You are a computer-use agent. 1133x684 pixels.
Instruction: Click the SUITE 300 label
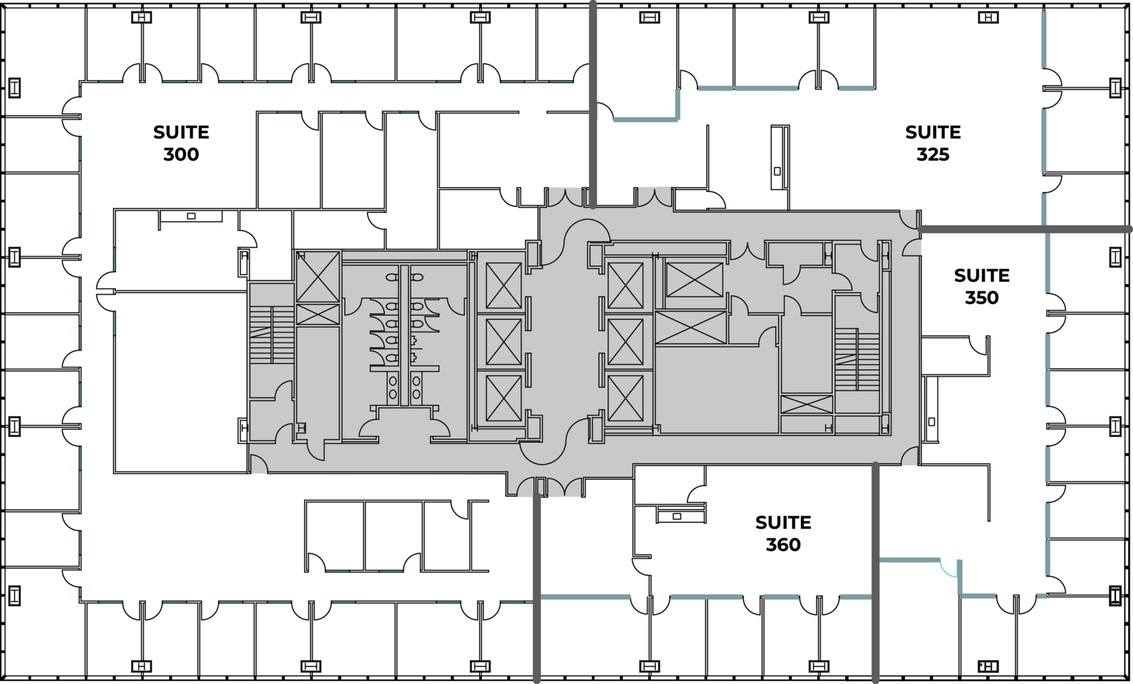(x=181, y=143)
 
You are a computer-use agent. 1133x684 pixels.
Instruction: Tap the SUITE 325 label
(x=933, y=143)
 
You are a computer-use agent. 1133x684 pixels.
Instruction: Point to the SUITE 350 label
(x=981, y=286)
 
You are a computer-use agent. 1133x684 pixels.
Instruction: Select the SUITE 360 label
(x=783, y=534)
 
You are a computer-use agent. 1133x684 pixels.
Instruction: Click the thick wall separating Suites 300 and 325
(x=592, y=104)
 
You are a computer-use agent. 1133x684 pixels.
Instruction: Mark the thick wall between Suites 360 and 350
(x=875, y=573)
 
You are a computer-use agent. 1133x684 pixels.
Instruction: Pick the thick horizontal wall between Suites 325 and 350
(x=1025, y=230)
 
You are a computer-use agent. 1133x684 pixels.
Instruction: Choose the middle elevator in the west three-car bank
(x=504, y=342)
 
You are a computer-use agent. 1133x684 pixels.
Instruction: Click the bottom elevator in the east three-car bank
(x=626, y=398)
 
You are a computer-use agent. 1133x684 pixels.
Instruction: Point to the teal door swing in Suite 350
(x=949, y=568)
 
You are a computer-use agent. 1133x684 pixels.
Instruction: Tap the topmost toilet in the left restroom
(x=392, y=277)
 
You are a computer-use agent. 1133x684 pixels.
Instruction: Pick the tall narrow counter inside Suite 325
(x=780, y=157)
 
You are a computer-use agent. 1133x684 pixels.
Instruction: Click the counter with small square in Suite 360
(x=680, y=515)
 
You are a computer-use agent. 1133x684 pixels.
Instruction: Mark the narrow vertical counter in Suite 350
(x=930, y=409)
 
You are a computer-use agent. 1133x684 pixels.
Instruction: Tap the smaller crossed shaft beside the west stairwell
(x=318, y=314)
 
